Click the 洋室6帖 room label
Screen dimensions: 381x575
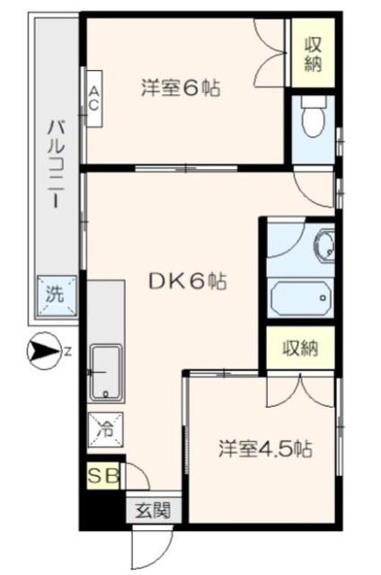click(181, 88)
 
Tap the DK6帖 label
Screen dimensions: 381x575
click(187, 281)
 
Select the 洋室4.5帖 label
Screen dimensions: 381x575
click(265, 448)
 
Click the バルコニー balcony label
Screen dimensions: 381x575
click(56, 165)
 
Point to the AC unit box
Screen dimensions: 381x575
click(93, 98)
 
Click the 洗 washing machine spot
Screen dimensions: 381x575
click(57, 295)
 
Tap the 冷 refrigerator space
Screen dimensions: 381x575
click(106, 429)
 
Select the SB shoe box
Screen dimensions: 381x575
click(103, 476)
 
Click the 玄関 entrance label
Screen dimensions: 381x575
click(154, 509)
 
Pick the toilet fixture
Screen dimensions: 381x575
click(313, 116)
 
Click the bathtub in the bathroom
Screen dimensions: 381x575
click(300, 296)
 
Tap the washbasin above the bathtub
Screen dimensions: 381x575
click(324, 243)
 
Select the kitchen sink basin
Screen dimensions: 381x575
click(106, 372)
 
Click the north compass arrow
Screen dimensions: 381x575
click(44, 351)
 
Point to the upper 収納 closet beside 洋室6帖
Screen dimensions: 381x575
click(313, 53)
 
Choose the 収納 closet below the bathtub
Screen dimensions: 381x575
click(300, 348)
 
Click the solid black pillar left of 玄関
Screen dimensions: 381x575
click(102, 507)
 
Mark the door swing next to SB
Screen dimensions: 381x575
click(137, 476)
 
